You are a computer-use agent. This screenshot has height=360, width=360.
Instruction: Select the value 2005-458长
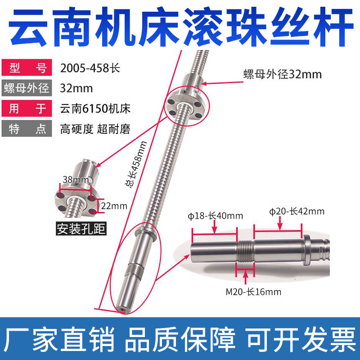(x=90, y=69)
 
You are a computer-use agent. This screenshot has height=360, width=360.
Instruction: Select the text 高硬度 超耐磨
(x=95, y=130)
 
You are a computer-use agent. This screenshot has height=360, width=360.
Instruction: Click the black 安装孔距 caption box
(x=81, y=229)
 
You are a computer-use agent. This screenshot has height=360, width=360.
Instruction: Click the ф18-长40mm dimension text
(x=215, y=215)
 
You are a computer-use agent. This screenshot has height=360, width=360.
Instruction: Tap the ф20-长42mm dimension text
(x=297, y=211)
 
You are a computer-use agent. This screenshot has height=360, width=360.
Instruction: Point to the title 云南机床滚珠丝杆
(x=180, y=26)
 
